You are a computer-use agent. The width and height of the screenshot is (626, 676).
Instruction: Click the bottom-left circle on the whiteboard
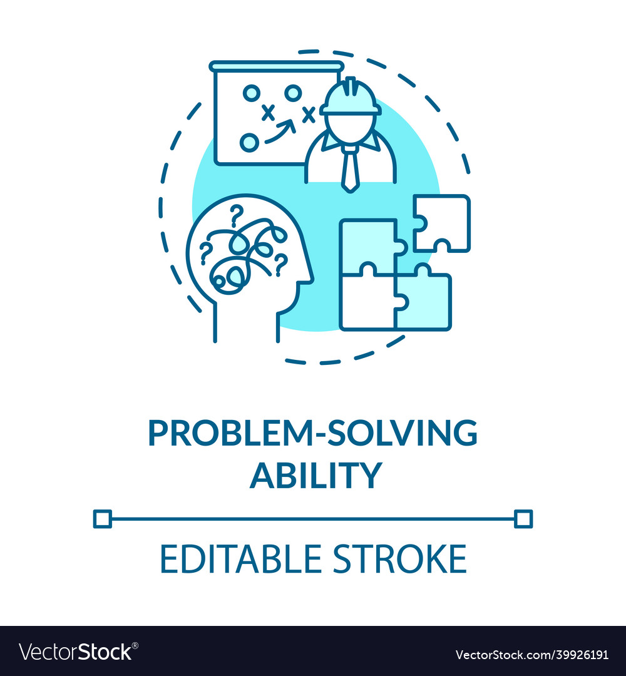click(249, 142)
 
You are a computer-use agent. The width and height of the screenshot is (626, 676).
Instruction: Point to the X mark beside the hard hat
click(307, 114)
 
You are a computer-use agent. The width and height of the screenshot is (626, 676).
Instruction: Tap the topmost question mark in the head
click(236, 214)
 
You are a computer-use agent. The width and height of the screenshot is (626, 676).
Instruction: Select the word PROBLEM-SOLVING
click(312, 433)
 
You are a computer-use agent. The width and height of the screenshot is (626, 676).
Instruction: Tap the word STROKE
click(400, 559)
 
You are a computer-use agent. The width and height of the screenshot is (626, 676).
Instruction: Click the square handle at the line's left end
click(102, 518)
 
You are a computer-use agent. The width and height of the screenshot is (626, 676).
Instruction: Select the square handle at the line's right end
click(523, 518)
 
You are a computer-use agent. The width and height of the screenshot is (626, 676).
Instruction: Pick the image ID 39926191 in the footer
click(575, 655)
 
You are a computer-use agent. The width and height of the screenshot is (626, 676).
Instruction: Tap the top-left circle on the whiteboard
click(251, 94)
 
